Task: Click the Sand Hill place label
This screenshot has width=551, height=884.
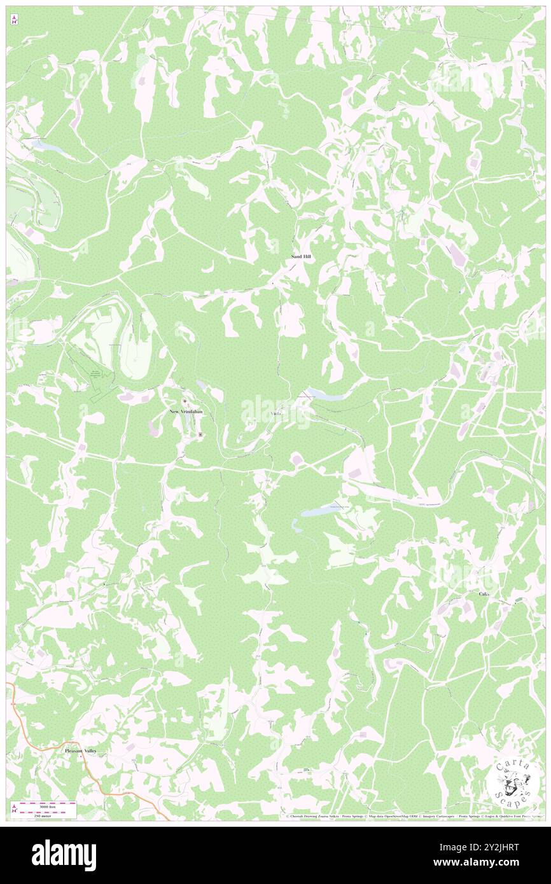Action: [297, 256]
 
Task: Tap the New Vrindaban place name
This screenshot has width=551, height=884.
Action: [186, 411]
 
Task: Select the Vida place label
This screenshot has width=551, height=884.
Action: [276, 414]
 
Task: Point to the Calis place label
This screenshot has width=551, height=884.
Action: [485, 593]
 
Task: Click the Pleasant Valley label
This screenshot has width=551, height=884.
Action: [85, 750]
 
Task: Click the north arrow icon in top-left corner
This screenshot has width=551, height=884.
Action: [14, 21]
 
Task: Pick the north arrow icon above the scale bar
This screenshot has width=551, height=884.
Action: [14, 808]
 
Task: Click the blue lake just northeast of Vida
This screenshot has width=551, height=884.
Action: [324, 396]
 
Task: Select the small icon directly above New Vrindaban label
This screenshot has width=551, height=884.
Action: [185, 402]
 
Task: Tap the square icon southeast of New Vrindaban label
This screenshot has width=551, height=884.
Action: [200, 434]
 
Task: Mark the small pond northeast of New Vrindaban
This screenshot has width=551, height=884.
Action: [202, 385]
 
